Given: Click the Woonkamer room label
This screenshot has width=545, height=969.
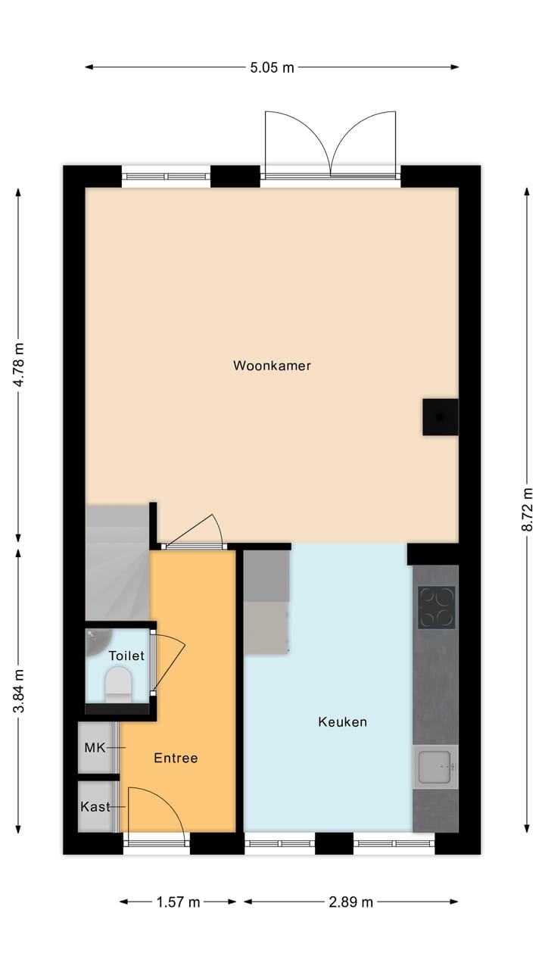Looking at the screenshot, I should [272, 366].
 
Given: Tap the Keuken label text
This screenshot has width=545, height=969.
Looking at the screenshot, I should [342, 722].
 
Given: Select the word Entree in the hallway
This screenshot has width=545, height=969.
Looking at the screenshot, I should [176, 758].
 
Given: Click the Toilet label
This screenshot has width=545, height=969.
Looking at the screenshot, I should [126, 656].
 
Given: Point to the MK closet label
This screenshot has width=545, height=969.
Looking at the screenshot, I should [95, 748].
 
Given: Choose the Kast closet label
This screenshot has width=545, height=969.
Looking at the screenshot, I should [95, 806].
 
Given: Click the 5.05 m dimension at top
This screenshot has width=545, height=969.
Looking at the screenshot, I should [272, 67].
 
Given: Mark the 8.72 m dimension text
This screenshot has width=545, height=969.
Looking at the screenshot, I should [527, 510].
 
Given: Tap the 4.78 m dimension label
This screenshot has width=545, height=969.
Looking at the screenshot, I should [19, 365].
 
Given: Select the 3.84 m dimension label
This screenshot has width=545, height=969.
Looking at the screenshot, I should [19, 690].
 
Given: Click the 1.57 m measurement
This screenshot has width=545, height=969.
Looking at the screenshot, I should [178, 902].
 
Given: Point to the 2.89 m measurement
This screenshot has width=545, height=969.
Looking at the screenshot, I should [350, 902].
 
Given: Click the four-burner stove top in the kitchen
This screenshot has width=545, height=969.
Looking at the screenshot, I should [437, 608].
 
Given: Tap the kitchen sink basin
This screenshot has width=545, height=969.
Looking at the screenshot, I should [434, 766].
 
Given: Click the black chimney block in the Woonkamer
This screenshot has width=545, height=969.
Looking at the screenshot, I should [440, 416].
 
